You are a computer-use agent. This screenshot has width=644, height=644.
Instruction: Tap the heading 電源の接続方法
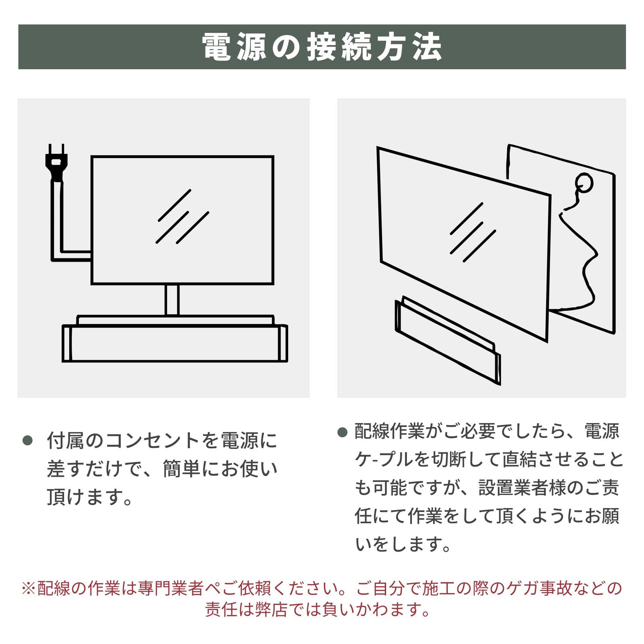point(322,47)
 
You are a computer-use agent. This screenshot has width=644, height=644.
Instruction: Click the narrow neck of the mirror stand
point(172,300)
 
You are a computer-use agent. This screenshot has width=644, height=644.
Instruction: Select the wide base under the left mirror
point(175,343)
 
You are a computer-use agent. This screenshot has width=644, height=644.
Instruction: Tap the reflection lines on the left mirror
point(182,217)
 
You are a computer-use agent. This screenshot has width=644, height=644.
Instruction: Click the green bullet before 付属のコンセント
point(28,440)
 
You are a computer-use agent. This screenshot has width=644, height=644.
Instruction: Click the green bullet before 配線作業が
point(342,432)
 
